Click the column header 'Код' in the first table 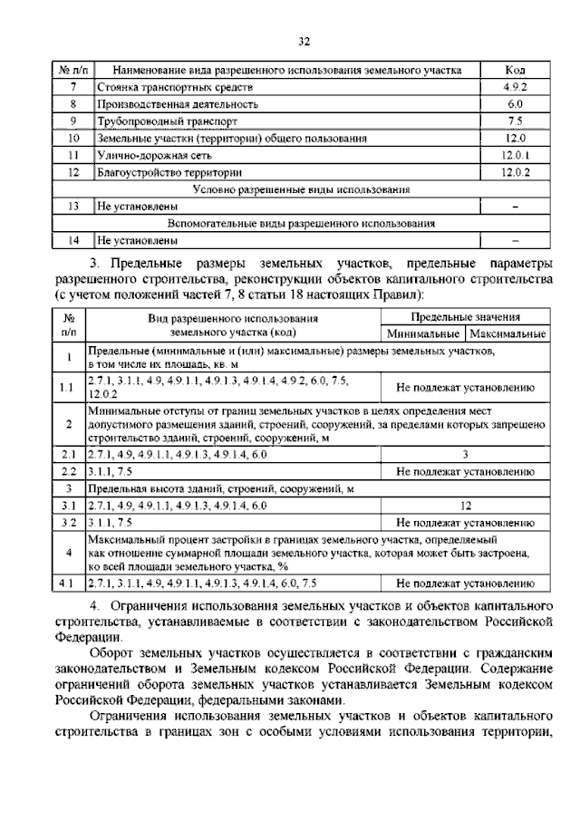click(x=514, y=70)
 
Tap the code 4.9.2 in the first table click(x=514, y=87)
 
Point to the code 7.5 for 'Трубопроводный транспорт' click(x=514, y=121)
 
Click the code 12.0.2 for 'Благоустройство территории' click(x=514, y=173)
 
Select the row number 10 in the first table click(x=72, y=139)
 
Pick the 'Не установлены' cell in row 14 click(x=136, y=241)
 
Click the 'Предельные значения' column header click(x=465, y=318)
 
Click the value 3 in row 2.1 click(x=465, y=454)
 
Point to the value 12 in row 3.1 click(x=465, y=506)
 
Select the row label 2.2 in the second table click(x=69, y=471)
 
